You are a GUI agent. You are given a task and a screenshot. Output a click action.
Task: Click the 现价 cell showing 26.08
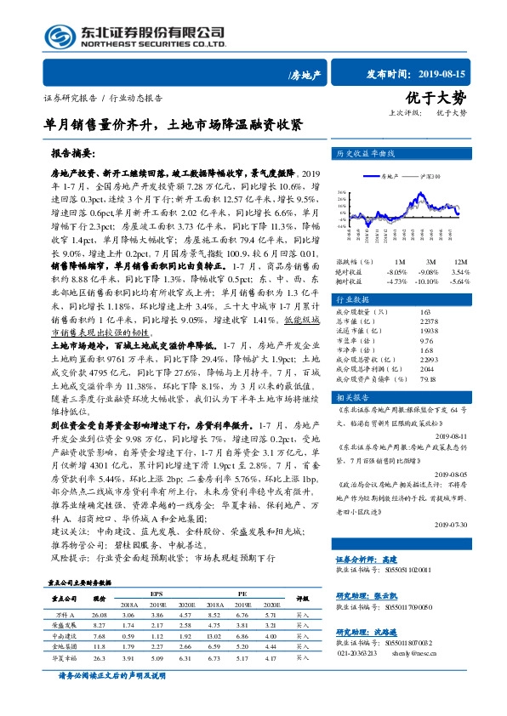click(100, 589)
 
